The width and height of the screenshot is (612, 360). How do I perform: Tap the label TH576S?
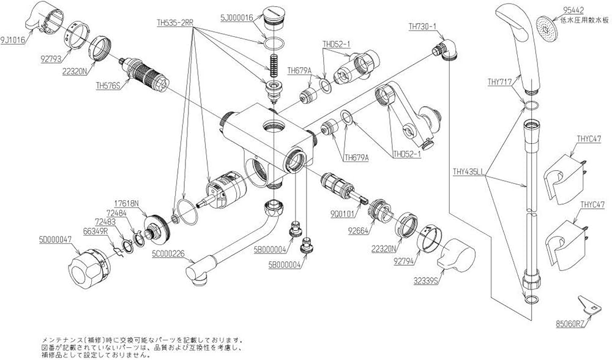click(x=107, y=86)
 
